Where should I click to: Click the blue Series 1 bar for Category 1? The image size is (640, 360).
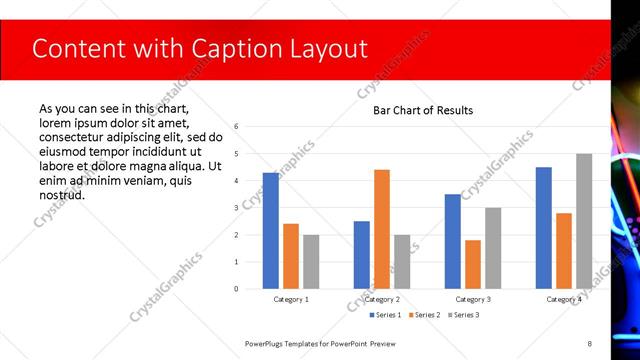pos(271,231)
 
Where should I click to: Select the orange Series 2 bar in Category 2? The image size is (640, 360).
pos(382,229)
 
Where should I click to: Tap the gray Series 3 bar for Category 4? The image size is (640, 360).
pos(584,221)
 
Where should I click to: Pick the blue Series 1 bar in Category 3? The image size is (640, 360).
pos(453,241)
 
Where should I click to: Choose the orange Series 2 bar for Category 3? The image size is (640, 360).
pos(473,264)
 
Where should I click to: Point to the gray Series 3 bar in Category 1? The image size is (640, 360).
pos(311,262)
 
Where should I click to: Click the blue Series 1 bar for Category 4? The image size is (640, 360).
pos(544,228)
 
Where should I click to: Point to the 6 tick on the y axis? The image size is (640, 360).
pos(236,127)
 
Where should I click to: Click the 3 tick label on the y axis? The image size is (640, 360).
pos(236,208)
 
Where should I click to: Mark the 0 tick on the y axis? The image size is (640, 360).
pos(236,289)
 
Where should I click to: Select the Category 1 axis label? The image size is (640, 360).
pos(291,299)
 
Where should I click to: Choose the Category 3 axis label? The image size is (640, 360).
pos(473,299)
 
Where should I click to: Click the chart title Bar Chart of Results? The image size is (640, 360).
pos(423,110)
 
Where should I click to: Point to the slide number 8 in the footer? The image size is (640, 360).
pos(589,343)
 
